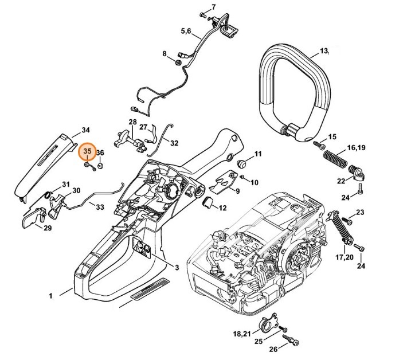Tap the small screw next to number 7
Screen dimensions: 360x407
(x=203, y=12)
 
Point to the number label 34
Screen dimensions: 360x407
(x=86, y=130)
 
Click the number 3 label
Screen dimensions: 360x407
(x=177, y=268)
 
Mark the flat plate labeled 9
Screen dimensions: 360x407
(x=231, y=180)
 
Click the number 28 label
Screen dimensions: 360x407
(x=132, y=122)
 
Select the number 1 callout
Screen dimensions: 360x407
(x=50, y=296)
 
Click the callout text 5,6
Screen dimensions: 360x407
(x=186, y=30)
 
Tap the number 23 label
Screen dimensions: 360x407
(x=360, y=213)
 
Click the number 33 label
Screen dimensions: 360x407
(x=100, y=206)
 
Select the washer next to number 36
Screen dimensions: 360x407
(x=99, y=165)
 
